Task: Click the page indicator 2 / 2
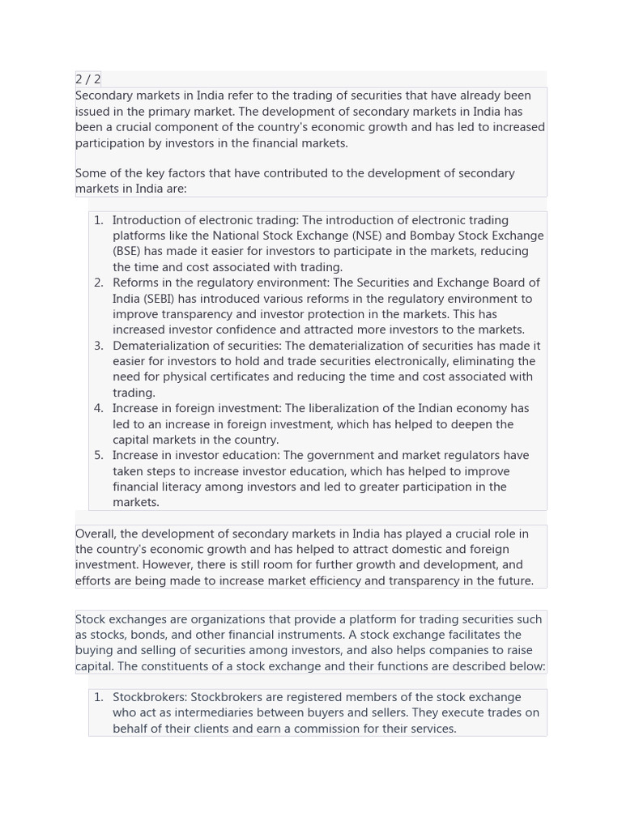click(x=88, y=79)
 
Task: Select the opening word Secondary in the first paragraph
click(x=104, y=96)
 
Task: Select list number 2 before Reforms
click(x=98, y=283)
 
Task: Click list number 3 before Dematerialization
click(x=98, y=346)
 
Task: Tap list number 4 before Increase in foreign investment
click(x=98, y=409)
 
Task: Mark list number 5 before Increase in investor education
click(x=98, y=456)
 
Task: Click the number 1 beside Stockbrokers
click(x=98, y=697)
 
